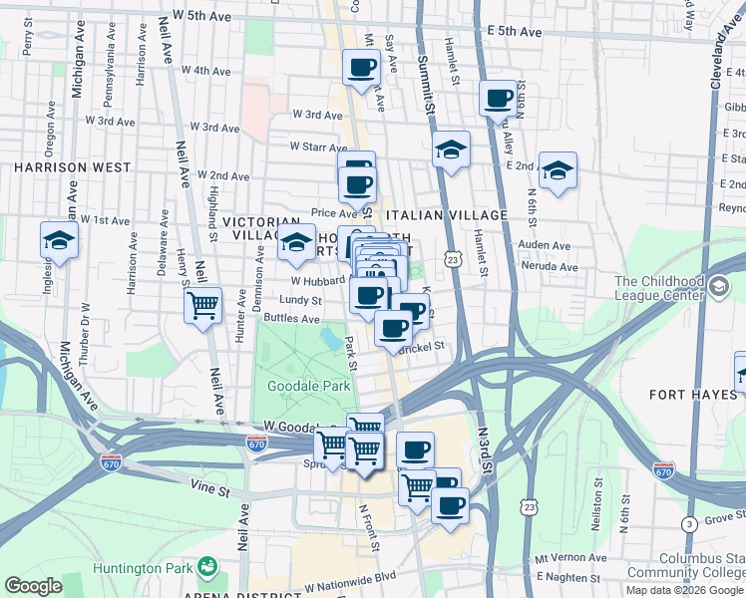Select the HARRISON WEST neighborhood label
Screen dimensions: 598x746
(59, 167)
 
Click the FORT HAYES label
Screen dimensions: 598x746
(694, 395)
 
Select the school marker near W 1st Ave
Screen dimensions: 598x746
(59, 239)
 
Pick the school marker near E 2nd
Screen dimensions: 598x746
(558, 170)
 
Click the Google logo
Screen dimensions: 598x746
(33, 586)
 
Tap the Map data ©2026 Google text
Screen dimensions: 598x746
(685, 590)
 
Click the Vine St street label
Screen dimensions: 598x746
(209, 491)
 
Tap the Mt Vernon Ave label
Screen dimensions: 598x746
(570, 558)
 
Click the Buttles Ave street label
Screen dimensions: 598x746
(291, 319)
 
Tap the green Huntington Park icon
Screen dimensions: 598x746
(207, 568)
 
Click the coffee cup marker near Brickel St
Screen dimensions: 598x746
(393, 327)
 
